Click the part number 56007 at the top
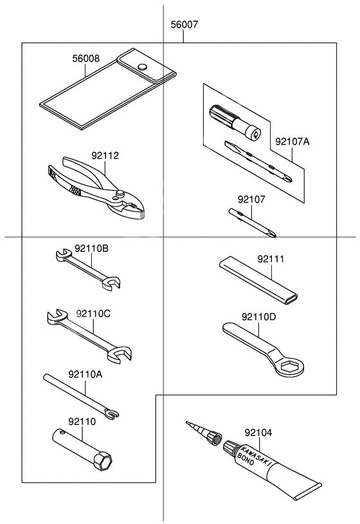pos(184,26)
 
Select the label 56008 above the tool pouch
pos(85,59)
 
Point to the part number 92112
pos(105,156)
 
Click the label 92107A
pos(292,141)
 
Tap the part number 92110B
pos(91,248)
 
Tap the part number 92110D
pos(259,317)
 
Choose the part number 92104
pos(258,433)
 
